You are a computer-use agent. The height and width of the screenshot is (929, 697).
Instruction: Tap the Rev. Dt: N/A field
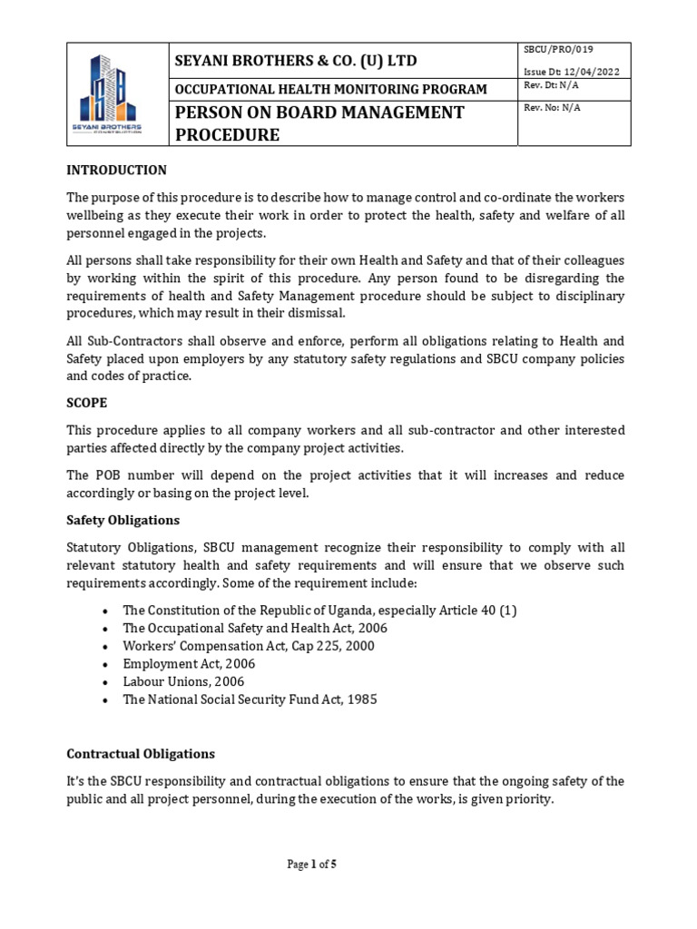coord(551,86)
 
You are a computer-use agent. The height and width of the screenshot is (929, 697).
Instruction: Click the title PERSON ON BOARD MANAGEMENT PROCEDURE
coord(319,123)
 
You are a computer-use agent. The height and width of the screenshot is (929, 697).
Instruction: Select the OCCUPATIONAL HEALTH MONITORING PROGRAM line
coord(330,89)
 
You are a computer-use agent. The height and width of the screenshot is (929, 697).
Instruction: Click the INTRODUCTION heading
coord(116,170)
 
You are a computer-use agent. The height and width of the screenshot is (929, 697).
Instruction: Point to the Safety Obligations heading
coord(123,520)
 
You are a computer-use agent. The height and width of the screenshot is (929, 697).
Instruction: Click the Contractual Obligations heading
coord(141,754)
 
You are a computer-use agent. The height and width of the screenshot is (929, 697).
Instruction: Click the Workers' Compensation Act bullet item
coord(236,646)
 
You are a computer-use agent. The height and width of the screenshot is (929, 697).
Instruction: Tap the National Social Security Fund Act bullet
coord(250,699)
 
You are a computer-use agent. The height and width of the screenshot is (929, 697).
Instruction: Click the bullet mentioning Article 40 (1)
coord(319,611)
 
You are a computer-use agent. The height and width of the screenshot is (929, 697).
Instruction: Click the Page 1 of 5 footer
coord(311,865)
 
